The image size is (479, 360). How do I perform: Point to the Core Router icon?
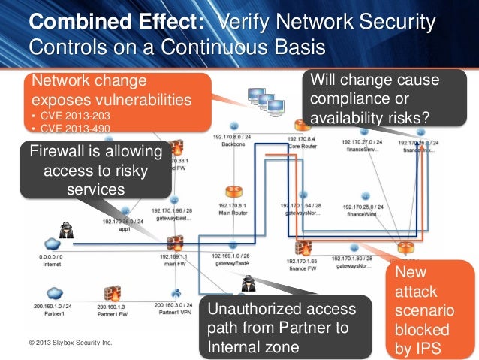point(303,125)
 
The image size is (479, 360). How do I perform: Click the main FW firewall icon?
point(175,242)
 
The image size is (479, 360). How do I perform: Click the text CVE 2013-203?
point(73,117)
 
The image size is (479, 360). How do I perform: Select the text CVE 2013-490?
point(73,129)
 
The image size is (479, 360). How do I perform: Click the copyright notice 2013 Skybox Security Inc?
point(70,343)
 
